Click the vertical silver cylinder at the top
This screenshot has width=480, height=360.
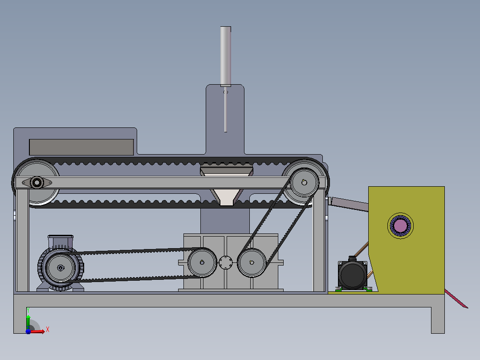(226, 56)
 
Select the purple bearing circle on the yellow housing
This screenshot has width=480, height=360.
(400, 226)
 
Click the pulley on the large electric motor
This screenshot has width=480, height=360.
(60, 267)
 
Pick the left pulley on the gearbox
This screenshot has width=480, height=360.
(202, 262)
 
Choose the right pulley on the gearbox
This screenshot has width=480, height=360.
(252, 262)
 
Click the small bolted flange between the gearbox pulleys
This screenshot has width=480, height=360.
(226, 262)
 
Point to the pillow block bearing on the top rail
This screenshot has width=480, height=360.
(37, 183)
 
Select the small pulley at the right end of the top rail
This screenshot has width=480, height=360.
(304, 183)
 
